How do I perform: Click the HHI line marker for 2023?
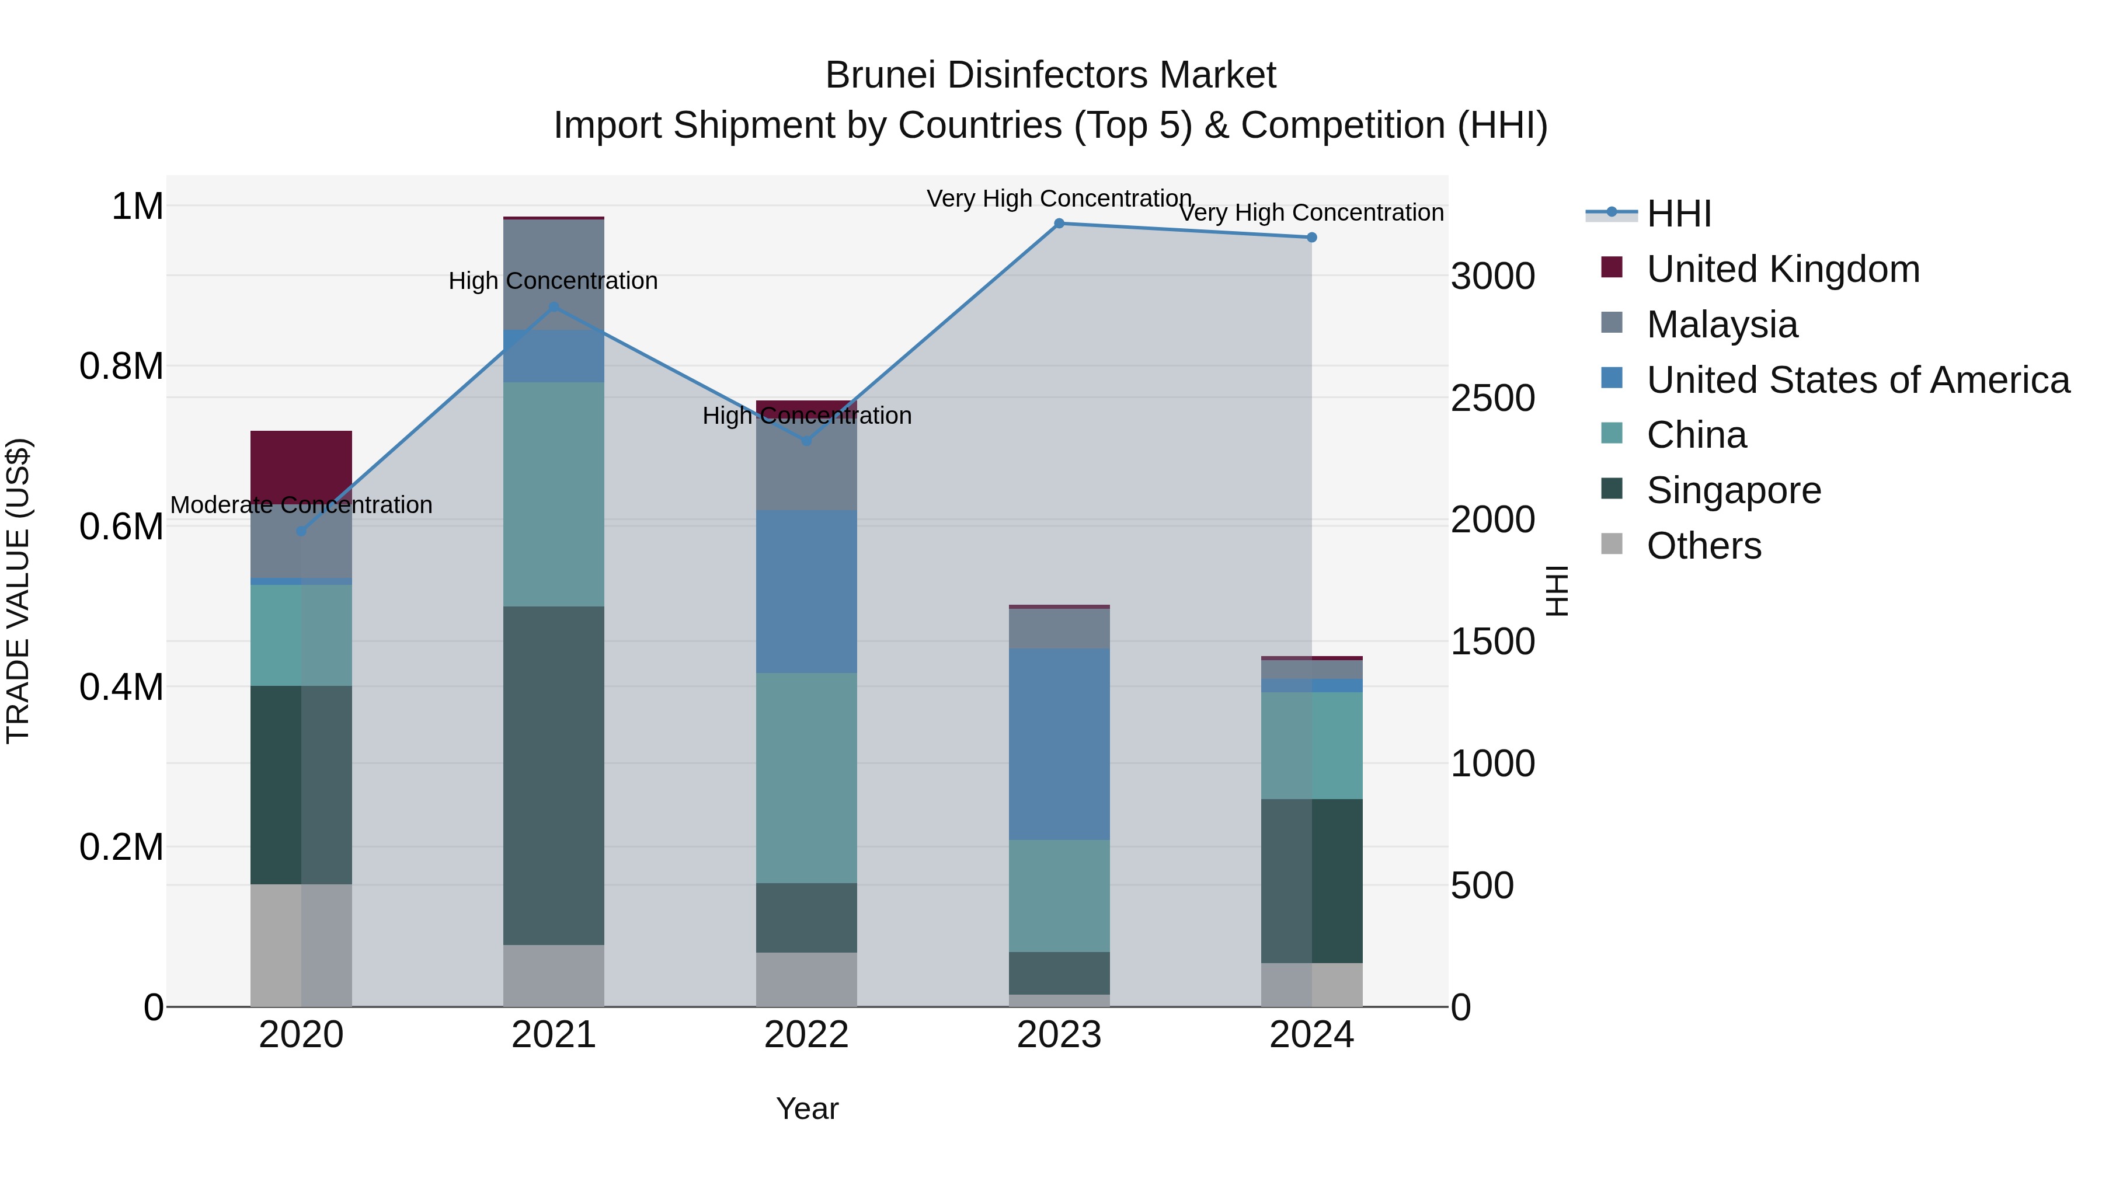(x=1059, y=224)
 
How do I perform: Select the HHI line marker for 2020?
(x=301, y=531)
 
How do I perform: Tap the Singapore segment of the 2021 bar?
(x=554, y=775)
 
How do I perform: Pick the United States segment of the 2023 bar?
(x=1059, y=744)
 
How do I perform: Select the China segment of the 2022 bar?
(x=806, y=777)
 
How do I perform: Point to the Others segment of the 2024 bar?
(x=1311, y=985)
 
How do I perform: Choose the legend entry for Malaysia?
(x=1722, y=325)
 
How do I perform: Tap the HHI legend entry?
(x=1679, y=214)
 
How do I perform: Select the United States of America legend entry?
(x=1857, y=380)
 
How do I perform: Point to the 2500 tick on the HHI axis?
(x=1492, y=398)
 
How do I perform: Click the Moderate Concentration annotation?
(x=301, y=505)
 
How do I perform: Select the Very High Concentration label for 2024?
(x=1311, y=213)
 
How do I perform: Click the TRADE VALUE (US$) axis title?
(x=19, y=591)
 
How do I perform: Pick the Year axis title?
(x=806, y=1108)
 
